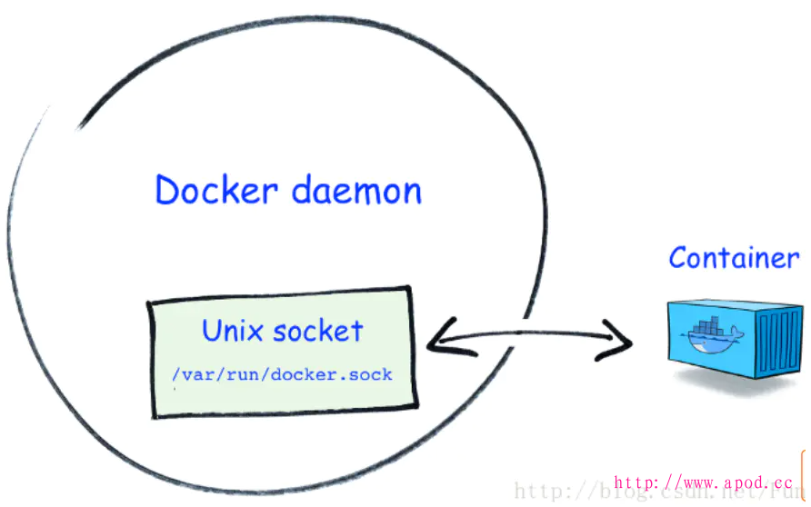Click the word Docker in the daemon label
coord(215,191)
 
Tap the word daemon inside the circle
coord(356,192)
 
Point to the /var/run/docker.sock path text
coord(281,374)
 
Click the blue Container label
coord(734,258)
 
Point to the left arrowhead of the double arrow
coord(437,339)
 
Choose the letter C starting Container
coord(678,258)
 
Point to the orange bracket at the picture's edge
coord(806,463)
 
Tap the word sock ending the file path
coord(374,374)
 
